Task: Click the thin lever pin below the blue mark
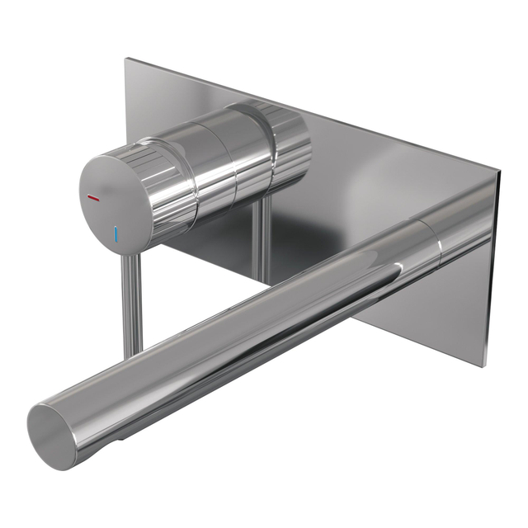click(132, 297)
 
